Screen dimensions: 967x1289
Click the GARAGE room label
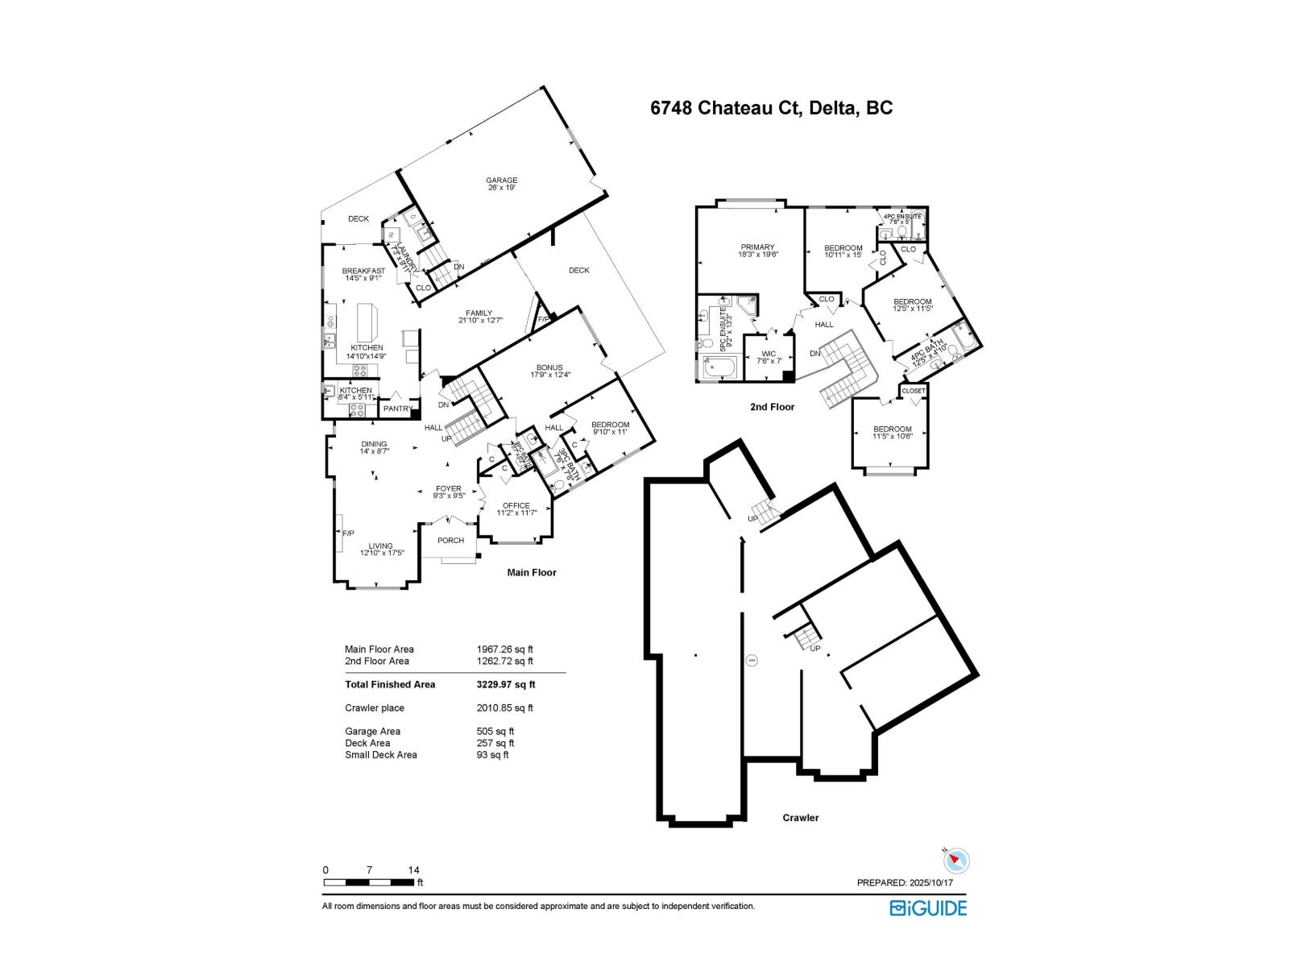pos(501,181)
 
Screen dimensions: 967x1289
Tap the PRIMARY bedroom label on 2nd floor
pos(757,247)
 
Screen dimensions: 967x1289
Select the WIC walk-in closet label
pos(768,354)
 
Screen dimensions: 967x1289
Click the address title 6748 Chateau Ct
pos(771,109)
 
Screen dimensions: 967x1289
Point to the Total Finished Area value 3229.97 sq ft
pos(505,685)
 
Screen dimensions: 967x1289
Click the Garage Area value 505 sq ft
pos(495,732)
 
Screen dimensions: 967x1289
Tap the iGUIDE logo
pos(928,908)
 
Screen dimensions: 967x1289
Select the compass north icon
pos(955,860)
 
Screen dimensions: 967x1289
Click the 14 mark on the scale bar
pos(413,870)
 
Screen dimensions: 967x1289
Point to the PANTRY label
pos(398,409)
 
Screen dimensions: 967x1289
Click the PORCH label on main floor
pos(450,541)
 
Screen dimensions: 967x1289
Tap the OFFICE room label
pos(516,506)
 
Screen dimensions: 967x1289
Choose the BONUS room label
pos(549,367)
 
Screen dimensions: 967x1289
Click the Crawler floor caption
pos(800,818)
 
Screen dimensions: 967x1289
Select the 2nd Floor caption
pos(772,407)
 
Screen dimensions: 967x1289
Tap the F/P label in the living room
pos(348,533)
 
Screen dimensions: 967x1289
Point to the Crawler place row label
pos(375,708)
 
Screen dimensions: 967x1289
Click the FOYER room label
pos(449,488)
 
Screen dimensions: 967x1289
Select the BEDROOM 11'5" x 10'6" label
pos(892,430)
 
